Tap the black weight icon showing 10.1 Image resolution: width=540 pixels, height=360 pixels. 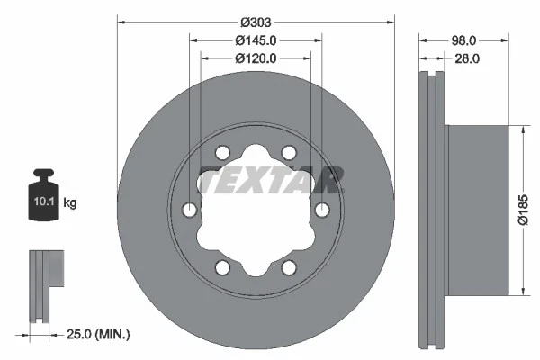[44, 195]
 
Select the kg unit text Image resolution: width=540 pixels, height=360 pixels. [69, 203]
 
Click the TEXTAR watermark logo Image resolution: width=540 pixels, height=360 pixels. [271, 180]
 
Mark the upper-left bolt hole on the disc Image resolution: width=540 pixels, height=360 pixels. [222, 153]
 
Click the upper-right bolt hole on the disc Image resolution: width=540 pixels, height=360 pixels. [289, 153]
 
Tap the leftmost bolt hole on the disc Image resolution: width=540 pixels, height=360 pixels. [189, 210]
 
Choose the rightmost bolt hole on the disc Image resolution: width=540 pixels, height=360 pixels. [322, 210]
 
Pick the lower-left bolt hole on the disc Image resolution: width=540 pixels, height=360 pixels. [222, 267]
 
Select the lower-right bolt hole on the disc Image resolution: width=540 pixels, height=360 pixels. [289, 267]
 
